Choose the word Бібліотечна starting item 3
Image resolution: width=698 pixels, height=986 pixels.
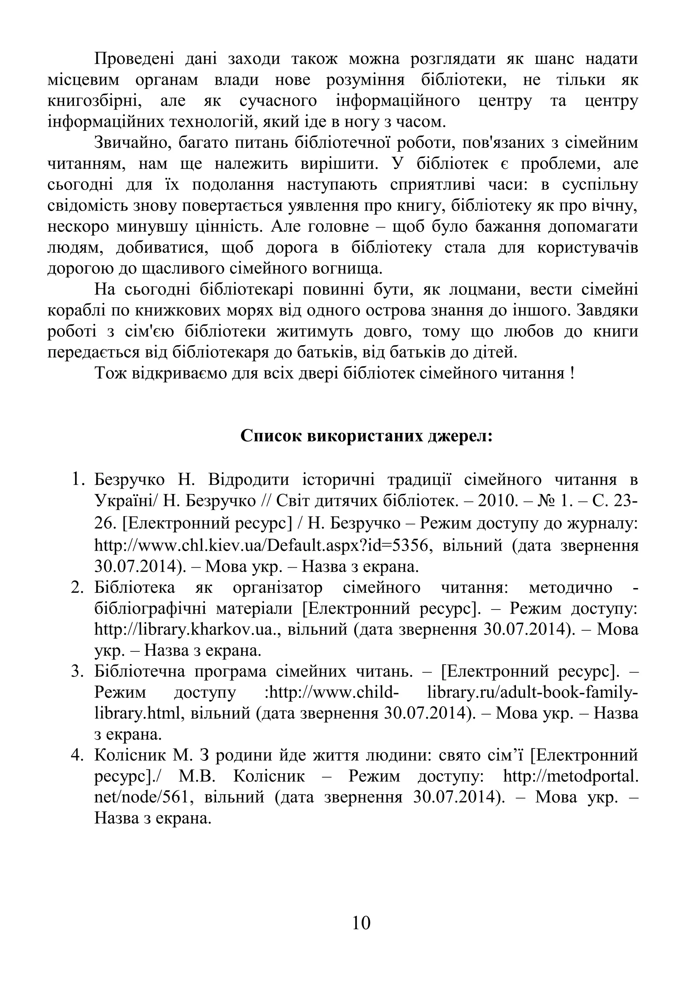[140, 672]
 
